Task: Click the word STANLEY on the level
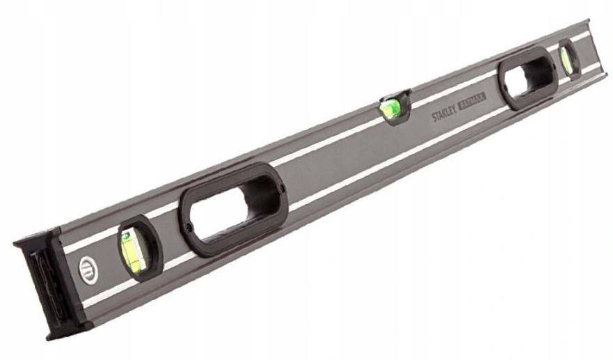(444, 114)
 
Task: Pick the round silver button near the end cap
(88, 270)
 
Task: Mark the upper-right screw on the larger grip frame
(282, 189)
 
